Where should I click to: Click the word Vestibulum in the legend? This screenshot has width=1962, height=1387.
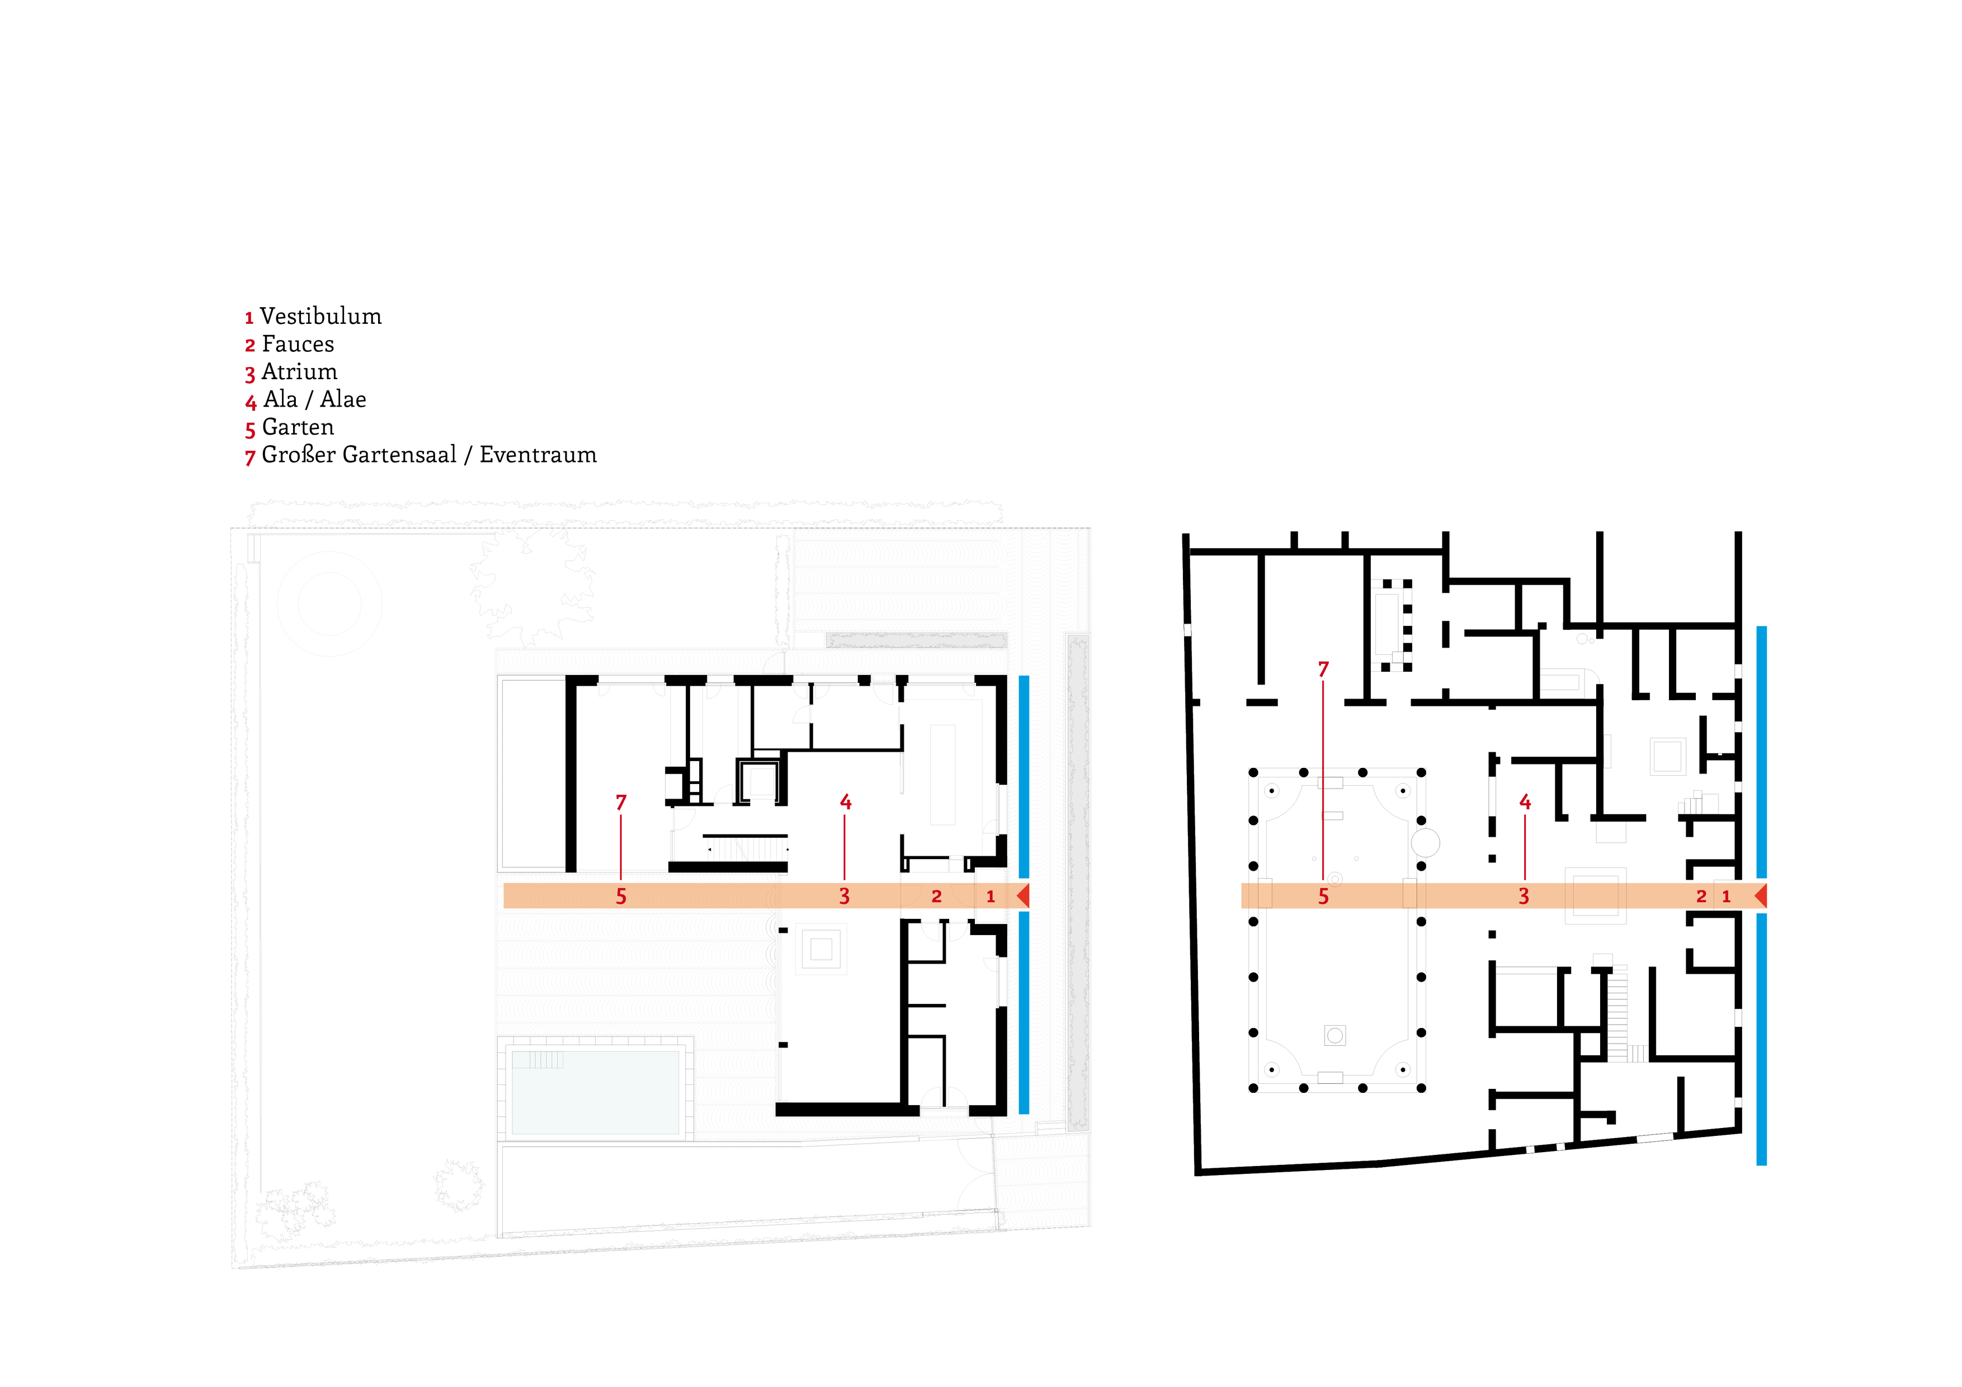[x=320, y=316]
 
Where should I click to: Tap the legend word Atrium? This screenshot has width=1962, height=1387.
[x=299, y=372]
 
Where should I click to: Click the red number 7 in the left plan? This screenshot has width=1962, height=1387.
[x=621, y=803]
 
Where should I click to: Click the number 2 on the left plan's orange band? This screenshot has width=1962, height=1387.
[x=937, y=897]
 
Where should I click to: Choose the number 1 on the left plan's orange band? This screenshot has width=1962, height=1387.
[x=991, y=897]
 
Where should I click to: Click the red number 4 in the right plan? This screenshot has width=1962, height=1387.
[x=1525, y=801]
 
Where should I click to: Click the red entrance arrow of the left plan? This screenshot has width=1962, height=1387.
[x=1023, y=895]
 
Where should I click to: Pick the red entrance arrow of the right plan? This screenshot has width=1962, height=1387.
[x=1760, y=895]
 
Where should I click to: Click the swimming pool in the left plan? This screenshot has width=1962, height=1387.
[x=596, y=1091]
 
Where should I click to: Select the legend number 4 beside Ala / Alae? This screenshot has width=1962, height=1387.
[x=251, y=402]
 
